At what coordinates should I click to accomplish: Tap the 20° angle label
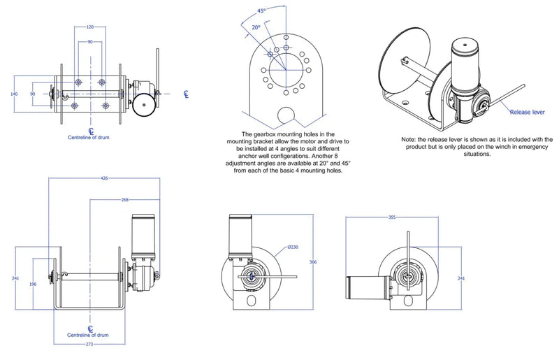(256, 27)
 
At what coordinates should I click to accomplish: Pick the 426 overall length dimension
(104, 178)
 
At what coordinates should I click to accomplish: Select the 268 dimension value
(125, 199)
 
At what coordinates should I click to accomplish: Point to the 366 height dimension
(313, 262)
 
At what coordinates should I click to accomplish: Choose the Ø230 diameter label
(292, 247)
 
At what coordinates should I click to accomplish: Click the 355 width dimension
(392, 217)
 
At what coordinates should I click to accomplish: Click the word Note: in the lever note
(409, 140)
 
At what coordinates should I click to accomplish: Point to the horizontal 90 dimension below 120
(91, 42)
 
